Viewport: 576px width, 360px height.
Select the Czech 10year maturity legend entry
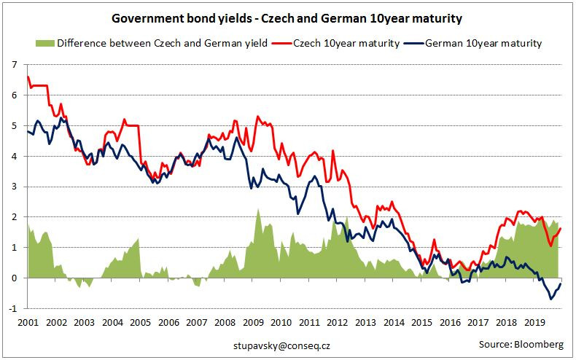point(346,44)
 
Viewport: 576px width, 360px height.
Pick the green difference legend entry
point(160,44)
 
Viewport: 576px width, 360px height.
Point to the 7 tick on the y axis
point(14,65)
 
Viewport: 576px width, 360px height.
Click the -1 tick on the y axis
point(12,308)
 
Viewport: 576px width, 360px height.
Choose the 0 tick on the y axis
point(14,278)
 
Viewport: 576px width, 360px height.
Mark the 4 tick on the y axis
point(14,156)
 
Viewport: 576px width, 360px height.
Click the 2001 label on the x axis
point(27,321)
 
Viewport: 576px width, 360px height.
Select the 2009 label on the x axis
point(253,321)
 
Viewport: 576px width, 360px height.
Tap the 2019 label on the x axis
point(535,321)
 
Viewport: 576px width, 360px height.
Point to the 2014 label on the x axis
point(394,321)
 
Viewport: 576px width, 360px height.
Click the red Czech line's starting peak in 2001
point(28,77)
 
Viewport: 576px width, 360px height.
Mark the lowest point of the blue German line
point(551,299)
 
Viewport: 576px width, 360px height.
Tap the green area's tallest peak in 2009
point(258,209)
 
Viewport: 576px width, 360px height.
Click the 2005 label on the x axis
point(140,321)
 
